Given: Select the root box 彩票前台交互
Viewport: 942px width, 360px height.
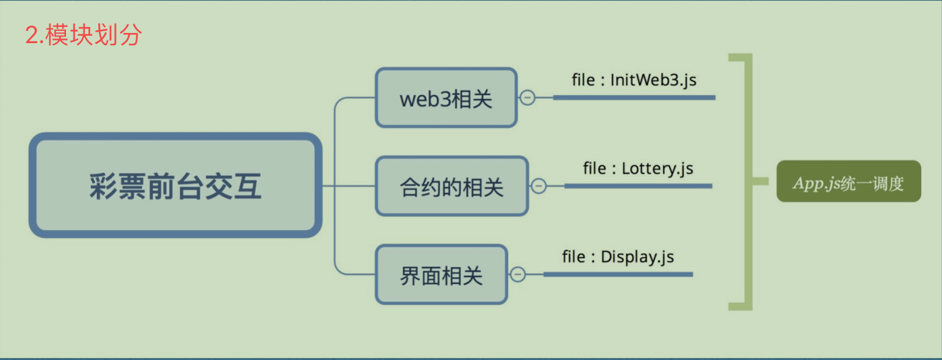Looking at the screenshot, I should [175, 185].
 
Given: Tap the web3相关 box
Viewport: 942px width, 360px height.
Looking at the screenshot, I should [446, 98].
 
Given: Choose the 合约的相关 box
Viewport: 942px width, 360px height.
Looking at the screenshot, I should [451, 186].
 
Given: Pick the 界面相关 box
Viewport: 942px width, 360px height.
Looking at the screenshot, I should [441, 274].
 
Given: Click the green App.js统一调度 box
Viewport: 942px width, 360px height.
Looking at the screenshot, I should [848, 181].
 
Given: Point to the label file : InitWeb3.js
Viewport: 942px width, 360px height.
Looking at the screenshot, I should [633, 80].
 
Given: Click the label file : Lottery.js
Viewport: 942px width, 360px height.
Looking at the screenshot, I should [637, 168].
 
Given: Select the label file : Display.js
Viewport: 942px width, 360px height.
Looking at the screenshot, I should [618, 257].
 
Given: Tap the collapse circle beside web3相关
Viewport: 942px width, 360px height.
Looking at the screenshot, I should [528, 98].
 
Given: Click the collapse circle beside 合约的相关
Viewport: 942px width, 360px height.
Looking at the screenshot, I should [538, 186].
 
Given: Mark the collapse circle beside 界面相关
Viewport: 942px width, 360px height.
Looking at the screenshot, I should [517, 274].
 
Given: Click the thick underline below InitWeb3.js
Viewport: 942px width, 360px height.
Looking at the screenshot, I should [634, 98].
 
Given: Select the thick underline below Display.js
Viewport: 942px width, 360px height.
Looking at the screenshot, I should [618, 274].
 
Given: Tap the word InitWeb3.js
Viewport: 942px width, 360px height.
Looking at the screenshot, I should [653, 80].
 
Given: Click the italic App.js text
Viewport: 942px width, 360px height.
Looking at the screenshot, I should [815, 182].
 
